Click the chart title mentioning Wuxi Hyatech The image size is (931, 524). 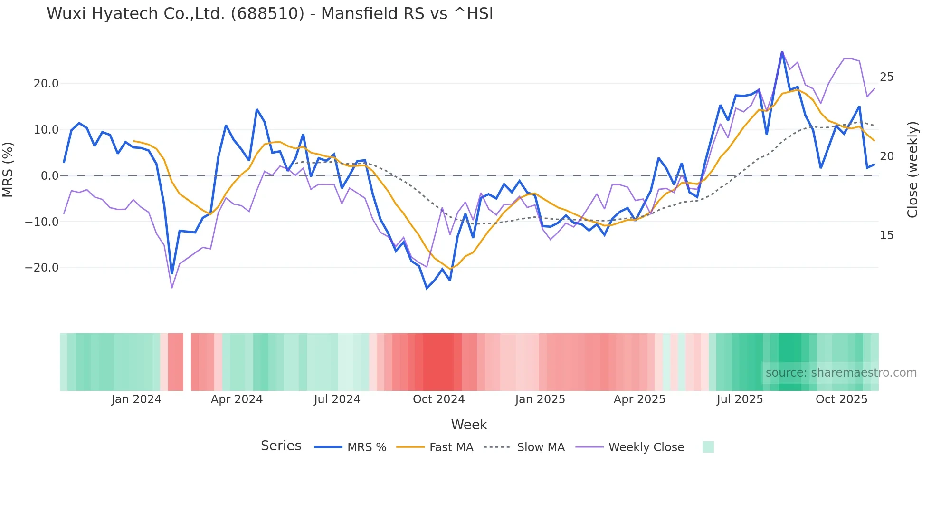(x=270, y=14)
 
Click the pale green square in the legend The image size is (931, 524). (x=708, y=447)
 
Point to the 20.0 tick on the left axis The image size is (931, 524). (x=46, y=84)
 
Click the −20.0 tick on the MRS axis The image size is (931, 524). (x=42, y=268)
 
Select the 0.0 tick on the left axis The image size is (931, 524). (x=50, y=176)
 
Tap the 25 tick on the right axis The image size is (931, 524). (x=886, y=77)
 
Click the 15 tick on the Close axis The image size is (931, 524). (x=886, y=235)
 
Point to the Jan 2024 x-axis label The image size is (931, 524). (x=136, y=399)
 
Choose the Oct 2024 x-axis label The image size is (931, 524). (x=438, y=399)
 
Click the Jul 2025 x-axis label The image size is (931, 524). (x=740, y=399)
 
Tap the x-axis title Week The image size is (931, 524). (x=469, y=425)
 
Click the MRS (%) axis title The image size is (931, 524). (x=8, y=170)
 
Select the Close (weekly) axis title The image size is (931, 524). (x=912, y=170)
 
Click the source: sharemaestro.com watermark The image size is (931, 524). (x=841, y=373)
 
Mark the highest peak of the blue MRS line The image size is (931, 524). (x=782, y=52)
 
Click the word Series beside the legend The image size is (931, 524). (x=281, y=446)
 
